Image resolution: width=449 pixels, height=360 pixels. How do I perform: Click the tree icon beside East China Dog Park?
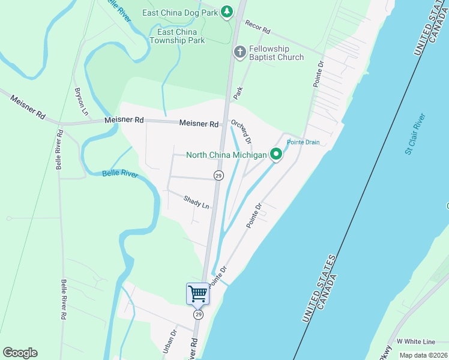click(x=226, y=12)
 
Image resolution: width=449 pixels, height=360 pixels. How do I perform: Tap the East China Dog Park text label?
click(x=180, y=13)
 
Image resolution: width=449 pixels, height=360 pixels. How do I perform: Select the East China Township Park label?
click(x=181, y=36)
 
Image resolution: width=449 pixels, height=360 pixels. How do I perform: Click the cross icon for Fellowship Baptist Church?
click(x=240, y=52)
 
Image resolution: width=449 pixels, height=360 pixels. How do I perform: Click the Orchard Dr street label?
click(x=241, y=131)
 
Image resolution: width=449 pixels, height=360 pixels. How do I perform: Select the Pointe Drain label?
click(x=303, y=142)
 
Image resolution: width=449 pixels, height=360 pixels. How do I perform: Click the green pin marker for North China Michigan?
click(x=276, y=155)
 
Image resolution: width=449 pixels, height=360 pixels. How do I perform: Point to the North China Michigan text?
click(x=226, y=155)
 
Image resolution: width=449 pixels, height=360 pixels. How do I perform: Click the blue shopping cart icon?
click(x=197, y=294)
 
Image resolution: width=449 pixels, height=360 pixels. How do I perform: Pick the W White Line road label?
click(x=415, y=341)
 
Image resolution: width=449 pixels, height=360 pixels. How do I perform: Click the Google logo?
click(x=20, y=353)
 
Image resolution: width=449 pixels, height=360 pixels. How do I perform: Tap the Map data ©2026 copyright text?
click(x=423, y=355)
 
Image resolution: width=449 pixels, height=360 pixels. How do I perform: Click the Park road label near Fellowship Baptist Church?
click(x=239, y=92)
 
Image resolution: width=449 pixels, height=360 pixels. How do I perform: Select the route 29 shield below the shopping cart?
click(x=198, y=314)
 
